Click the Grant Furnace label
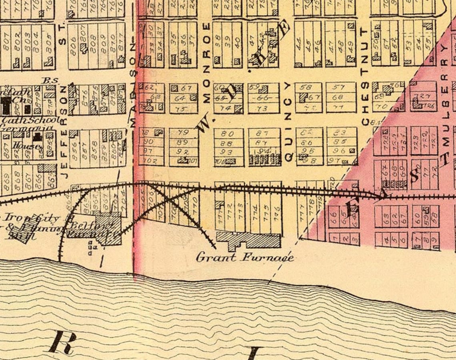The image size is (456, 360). click(244, 257)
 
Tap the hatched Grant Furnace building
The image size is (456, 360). click(248, 240)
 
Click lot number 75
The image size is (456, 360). click(182, 109)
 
